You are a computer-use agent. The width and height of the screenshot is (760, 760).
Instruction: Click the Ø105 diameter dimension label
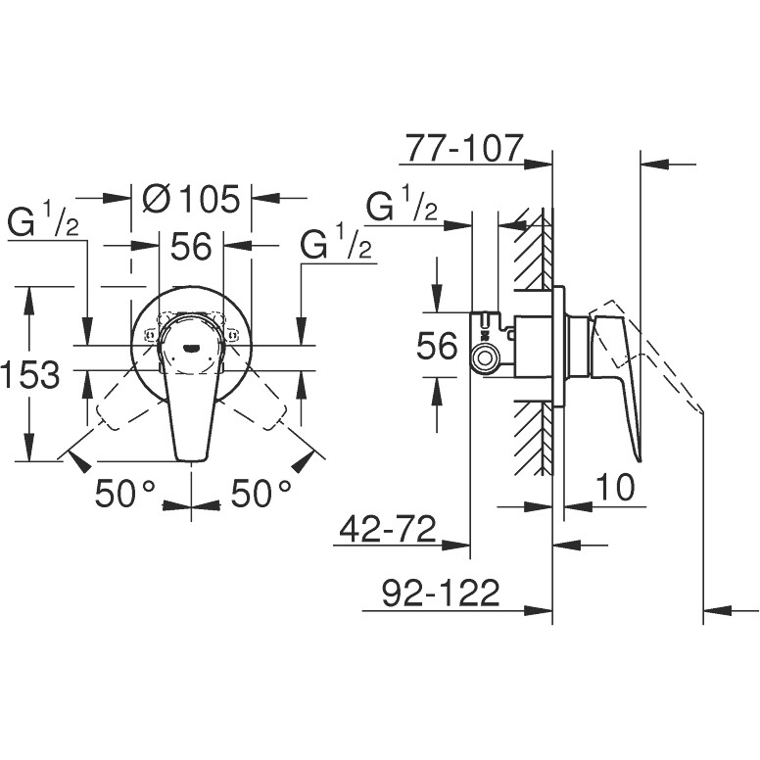191,199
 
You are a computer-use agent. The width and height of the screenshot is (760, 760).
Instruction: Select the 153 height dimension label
30,375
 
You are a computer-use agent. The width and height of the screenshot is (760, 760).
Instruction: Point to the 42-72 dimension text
388,529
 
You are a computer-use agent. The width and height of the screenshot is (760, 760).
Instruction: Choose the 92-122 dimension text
441,593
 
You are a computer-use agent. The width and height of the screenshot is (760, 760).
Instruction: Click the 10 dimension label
614,487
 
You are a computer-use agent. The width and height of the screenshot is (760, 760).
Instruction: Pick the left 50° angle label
125,494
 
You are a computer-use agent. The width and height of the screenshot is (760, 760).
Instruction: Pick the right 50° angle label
261,494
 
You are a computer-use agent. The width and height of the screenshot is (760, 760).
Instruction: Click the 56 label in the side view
437,346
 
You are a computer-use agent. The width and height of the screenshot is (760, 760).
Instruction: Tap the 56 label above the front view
191,246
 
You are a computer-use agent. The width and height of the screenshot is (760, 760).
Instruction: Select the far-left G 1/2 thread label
43,221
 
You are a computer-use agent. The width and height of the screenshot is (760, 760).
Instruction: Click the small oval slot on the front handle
190,347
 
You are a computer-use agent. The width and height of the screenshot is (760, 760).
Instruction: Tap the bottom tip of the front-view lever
191,459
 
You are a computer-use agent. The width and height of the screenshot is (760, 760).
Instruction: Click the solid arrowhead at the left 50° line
80,460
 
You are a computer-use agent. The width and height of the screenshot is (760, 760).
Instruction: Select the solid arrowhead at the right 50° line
303,461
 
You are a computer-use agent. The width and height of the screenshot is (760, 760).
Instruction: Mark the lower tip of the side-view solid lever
640,460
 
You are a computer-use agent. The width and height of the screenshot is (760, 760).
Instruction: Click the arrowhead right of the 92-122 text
539,611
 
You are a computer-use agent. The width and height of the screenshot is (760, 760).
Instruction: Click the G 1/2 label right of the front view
335,245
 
